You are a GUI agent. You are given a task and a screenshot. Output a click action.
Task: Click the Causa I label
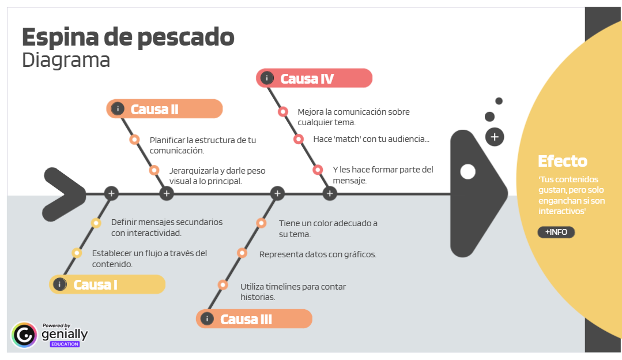(96, 284)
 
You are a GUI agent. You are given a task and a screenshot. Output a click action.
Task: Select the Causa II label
(154, 109)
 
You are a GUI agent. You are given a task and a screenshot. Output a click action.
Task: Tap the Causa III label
(246, 319)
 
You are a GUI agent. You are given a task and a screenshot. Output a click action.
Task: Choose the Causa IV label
(307, 78)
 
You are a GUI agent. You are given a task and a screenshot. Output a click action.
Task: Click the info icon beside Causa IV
(266, 78)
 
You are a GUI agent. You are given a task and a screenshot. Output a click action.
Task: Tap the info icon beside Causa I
(59, 284)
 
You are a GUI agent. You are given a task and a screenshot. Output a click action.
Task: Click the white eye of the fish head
(468, 172)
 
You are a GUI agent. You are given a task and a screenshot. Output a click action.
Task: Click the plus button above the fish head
(495, 137)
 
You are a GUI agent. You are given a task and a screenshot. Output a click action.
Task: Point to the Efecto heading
(562, 161)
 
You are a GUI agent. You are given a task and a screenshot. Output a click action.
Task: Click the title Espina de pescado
(128, 37)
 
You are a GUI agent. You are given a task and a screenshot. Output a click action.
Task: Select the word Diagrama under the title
(66, 60)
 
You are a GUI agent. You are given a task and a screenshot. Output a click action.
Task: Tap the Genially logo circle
(24, 335)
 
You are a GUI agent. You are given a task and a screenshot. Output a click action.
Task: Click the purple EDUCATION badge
(65, 344)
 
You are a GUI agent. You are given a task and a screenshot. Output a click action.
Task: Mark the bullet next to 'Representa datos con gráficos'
(242, 253)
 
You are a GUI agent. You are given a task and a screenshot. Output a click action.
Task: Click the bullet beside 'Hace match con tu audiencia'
(299, 139)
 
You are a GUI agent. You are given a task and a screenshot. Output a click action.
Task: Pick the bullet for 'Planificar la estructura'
(135, 139)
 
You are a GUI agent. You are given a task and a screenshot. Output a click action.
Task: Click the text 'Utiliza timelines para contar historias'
(293, 291)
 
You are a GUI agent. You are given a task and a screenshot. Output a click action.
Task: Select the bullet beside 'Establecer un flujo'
(77, 253)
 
